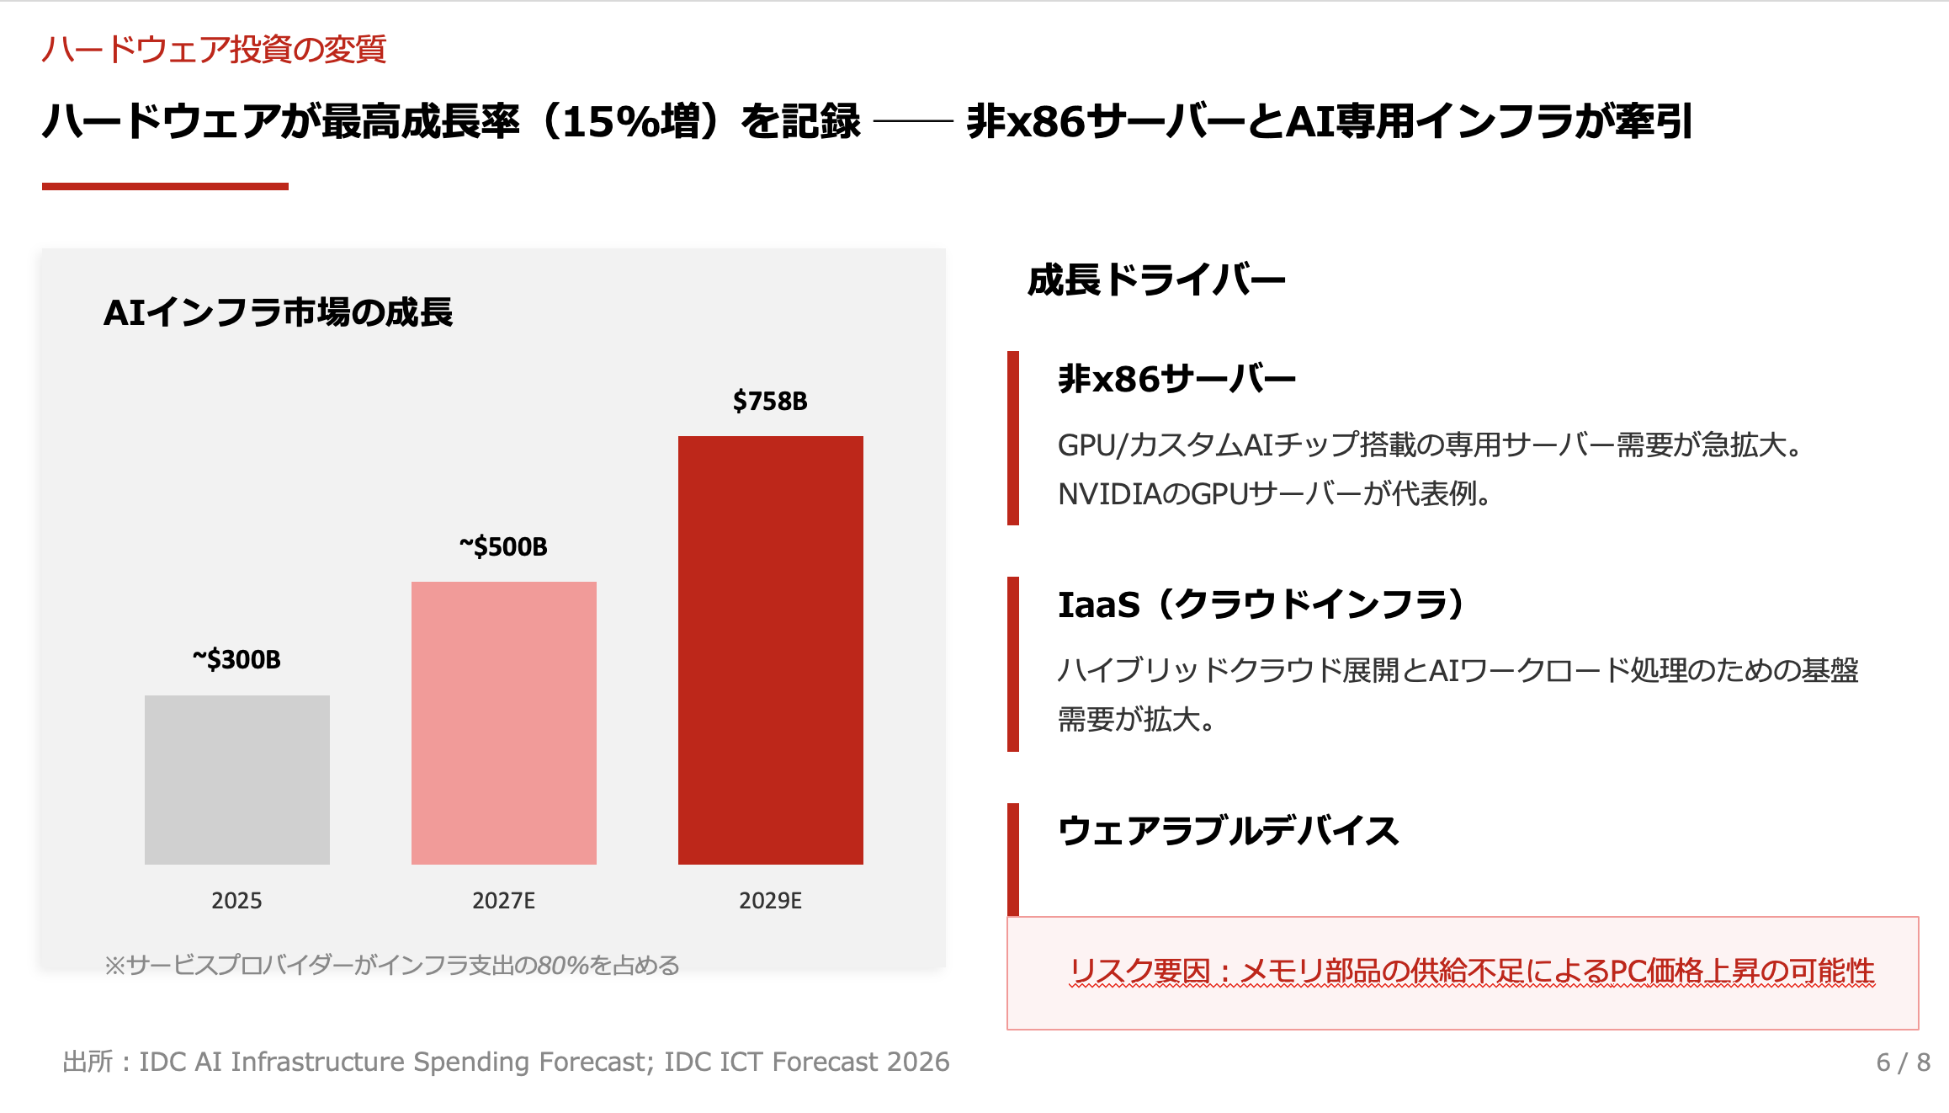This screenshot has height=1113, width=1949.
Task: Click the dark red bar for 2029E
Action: click(770, 649)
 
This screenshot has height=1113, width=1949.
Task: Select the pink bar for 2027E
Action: click(503, 722)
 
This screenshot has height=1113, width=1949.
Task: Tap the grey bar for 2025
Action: click(236, 779)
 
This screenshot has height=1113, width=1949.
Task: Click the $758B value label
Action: click(769, 401)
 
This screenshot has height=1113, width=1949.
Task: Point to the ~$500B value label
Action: click(503, 546)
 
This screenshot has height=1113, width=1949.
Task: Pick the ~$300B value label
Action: click(236, 659)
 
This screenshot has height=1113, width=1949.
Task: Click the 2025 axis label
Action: click(236, 901)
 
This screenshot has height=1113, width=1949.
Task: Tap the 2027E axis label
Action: click(503, 901)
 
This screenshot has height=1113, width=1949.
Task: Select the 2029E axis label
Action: click(770, 901)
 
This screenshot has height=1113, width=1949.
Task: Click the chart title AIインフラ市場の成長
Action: click(278, 312)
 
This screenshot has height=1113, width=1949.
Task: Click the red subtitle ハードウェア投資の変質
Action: click(214, 49)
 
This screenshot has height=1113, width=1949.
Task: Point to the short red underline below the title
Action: click(165, 186)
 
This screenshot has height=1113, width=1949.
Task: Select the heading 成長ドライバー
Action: click(1156, 280)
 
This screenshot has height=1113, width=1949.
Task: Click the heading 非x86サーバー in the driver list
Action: click(1176, 379)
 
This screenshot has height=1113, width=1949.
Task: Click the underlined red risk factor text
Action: click(1472, 971)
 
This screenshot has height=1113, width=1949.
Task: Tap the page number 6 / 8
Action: click(1903, 1062)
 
